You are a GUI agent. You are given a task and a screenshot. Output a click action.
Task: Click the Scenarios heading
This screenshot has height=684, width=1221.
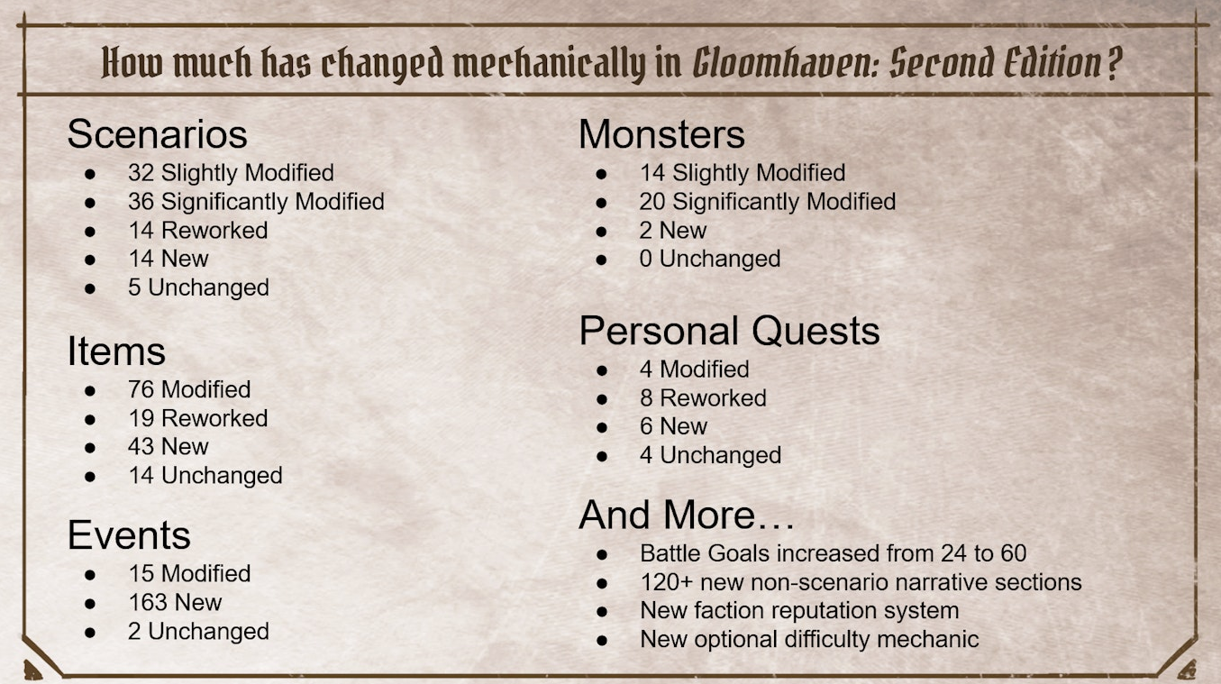point(157,134)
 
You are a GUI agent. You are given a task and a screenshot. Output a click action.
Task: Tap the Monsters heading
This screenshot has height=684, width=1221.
point(661,134)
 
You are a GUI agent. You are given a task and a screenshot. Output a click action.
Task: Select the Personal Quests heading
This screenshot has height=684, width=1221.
point(729,331)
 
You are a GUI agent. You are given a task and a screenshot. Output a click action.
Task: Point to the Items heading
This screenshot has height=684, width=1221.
point(116,351)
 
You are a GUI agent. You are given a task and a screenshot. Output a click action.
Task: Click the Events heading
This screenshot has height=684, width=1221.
point(129,534)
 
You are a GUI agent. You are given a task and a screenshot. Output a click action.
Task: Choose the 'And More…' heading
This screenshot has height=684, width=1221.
point(687,515)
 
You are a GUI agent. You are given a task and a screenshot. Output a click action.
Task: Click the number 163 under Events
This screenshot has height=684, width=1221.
point(148,602)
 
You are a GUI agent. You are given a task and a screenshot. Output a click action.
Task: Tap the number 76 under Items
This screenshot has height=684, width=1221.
point(141,389)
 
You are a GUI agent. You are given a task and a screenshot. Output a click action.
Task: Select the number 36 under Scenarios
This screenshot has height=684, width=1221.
point(141,202)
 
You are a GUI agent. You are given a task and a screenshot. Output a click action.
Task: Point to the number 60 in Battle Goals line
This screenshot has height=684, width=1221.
point(1014,553)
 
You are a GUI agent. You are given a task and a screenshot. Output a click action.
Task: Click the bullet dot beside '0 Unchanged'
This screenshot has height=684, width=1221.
point(601,260)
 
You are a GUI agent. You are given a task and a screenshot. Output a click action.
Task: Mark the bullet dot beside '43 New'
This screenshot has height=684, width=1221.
point(90,448)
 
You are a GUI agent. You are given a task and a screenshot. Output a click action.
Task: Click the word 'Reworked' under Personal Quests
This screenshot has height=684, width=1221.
point(713,398)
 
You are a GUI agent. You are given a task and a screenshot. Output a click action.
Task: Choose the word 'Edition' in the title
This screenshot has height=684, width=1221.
point(1052,63)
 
